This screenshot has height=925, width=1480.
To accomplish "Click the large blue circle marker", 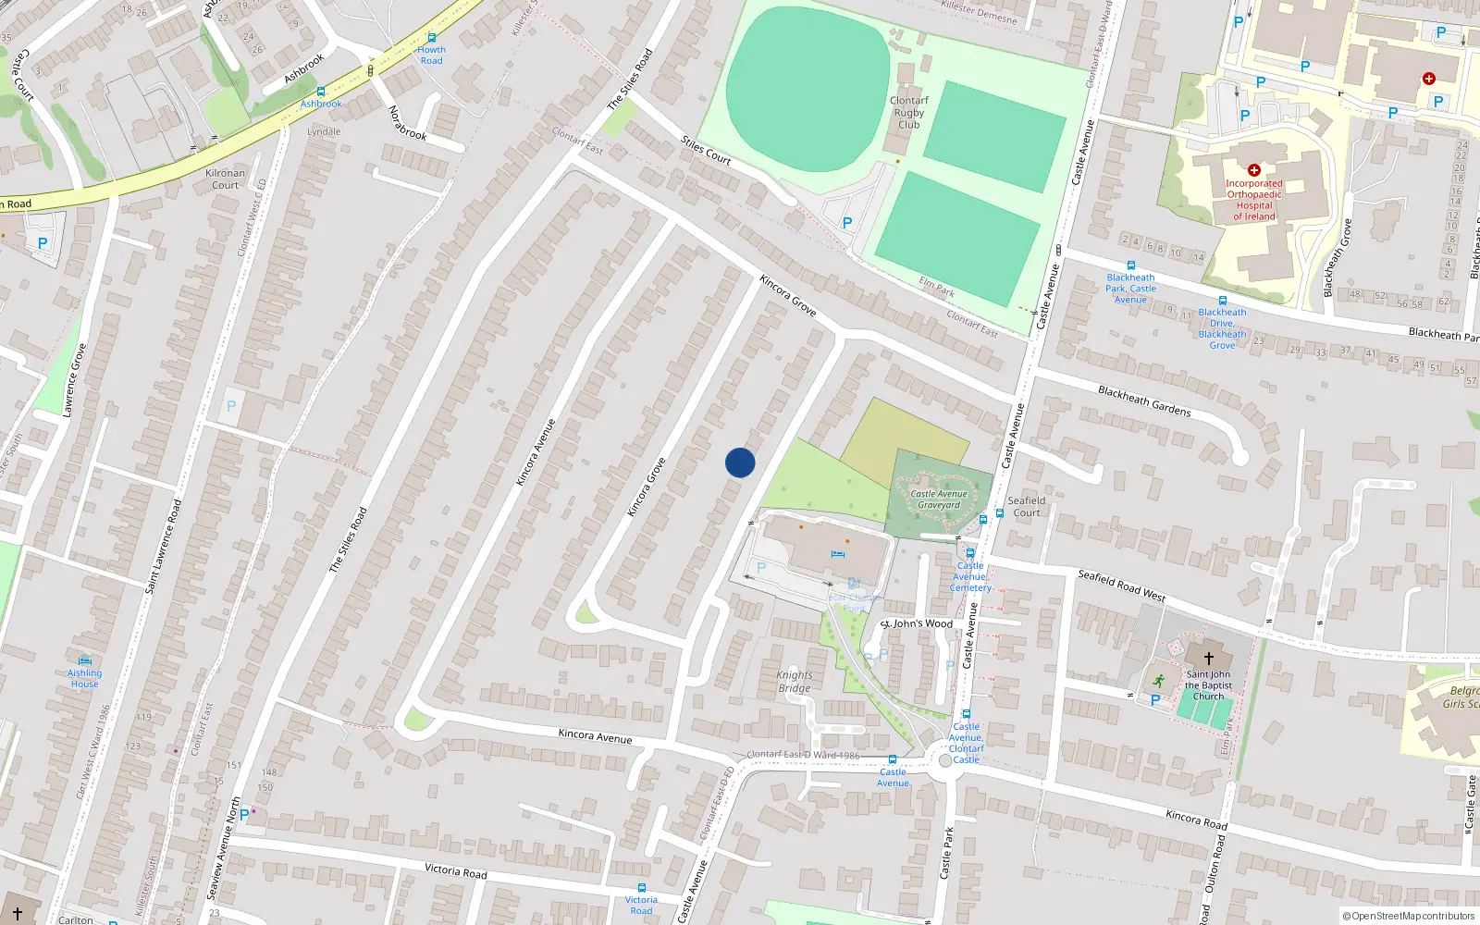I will click(x=740, y=462).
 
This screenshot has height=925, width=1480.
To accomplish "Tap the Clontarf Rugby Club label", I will click(x=908, y=112).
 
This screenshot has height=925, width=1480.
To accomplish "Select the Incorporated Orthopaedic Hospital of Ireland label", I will click(x=1254, y=200).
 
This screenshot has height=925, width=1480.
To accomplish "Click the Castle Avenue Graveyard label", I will click(x=939, y=499).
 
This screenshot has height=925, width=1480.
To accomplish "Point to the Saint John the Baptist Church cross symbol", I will click(x=1208, y=659).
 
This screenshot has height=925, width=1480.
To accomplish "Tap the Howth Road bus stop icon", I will click(x=431, y=38).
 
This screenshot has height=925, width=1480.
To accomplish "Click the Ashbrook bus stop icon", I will click(x=320, y=92).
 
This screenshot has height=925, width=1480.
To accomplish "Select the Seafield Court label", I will click(x=1027, y=506).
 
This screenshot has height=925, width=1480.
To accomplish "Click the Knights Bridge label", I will click(x=795, y=681).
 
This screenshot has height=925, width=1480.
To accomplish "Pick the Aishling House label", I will click(x=84, y=678).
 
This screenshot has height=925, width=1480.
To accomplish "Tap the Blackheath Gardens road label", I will click(x=1144, y=401).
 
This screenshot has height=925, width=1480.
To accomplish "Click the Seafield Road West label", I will click(x=1121, y=586).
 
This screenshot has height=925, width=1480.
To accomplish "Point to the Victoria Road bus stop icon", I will click(x=641, y=888).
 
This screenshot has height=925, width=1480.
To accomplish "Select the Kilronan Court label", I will click(x=225, y=179).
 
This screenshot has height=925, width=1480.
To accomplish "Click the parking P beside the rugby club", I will click(x=847, y=223).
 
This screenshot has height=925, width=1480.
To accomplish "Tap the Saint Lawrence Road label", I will click(x=164, y=546).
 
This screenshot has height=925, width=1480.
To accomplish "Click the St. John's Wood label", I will click(x=917, y=623).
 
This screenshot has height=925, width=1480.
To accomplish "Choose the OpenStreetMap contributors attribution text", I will click(x=1409, y=916).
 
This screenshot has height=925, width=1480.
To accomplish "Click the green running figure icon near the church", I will click(x=1158, y=681).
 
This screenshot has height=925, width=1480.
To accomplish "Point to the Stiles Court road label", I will click(x=706, y=150).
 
